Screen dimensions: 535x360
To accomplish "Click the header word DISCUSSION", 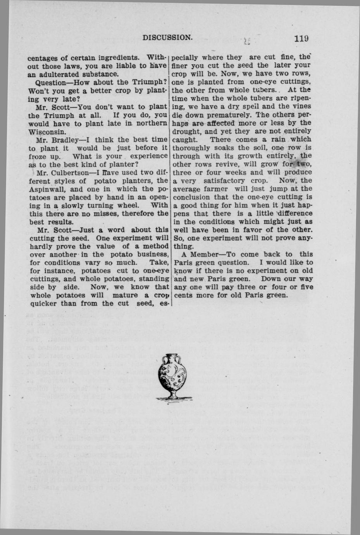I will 167,38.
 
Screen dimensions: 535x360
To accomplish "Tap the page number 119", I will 301,38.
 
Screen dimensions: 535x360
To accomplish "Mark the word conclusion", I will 192,197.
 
